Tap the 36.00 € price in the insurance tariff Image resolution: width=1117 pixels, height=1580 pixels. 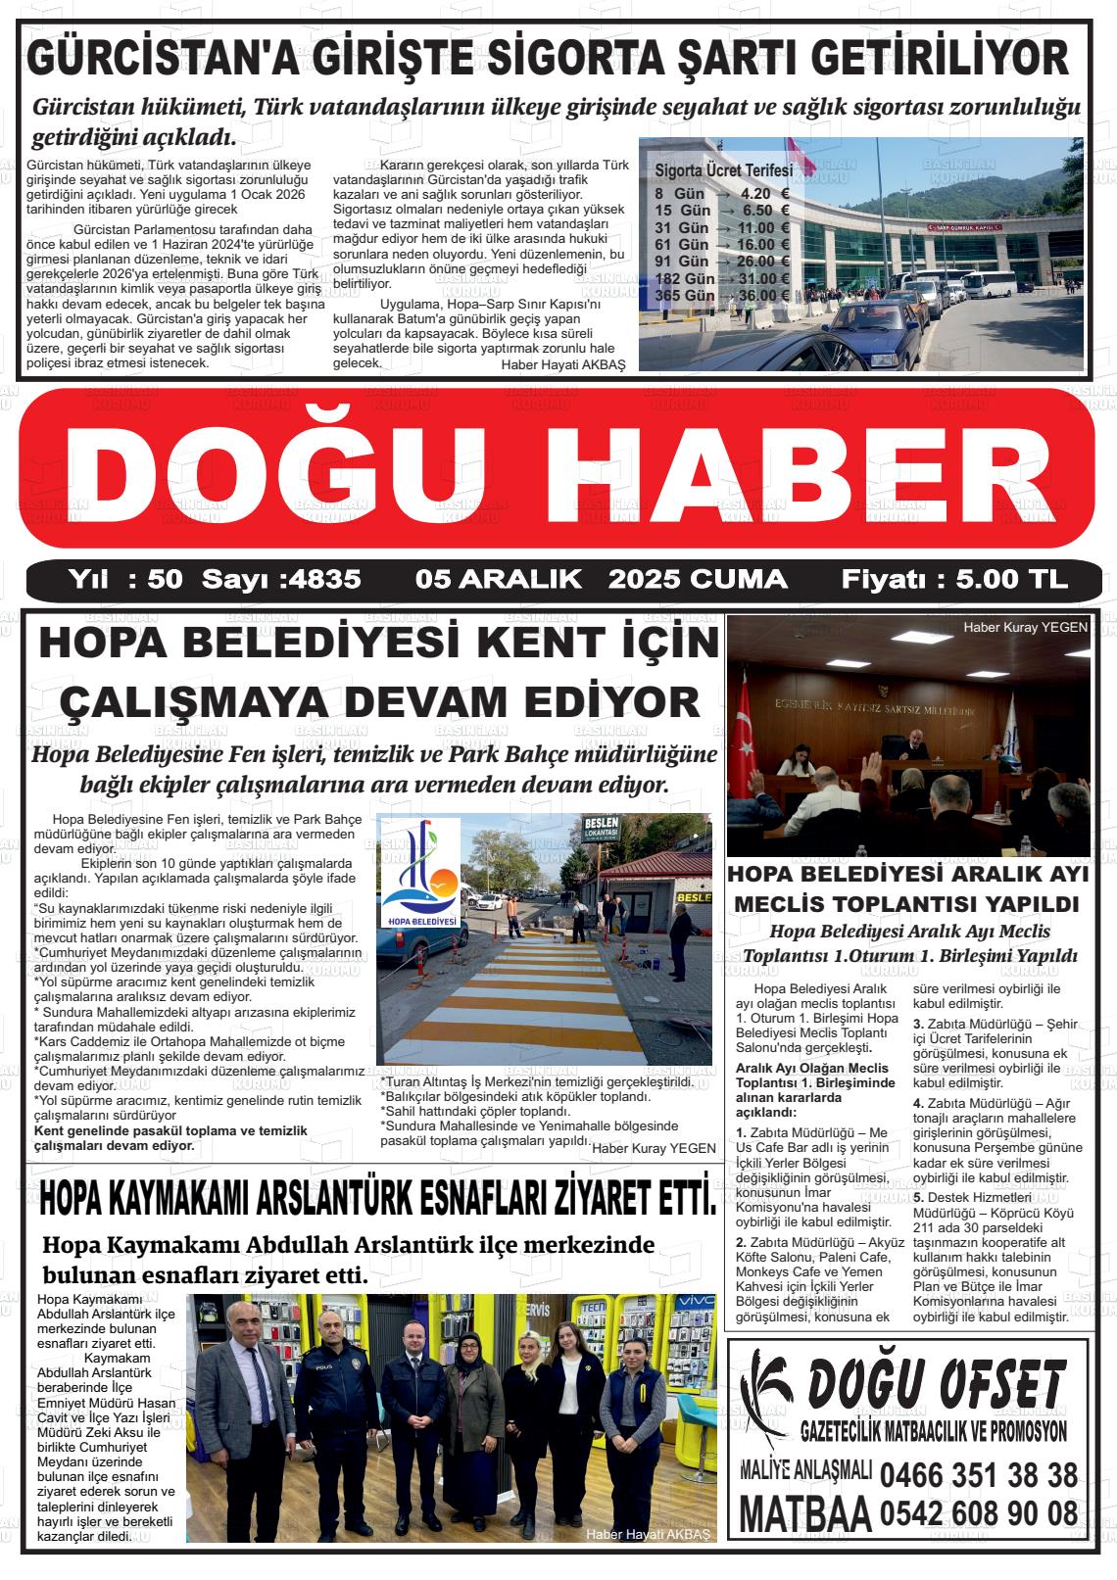764,295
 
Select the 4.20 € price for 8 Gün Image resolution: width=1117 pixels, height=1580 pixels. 764,193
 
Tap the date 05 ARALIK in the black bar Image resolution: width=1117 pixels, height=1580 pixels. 499,579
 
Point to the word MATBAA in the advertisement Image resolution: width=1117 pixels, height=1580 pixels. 804,1514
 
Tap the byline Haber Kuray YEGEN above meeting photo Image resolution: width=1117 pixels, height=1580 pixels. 1025,628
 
